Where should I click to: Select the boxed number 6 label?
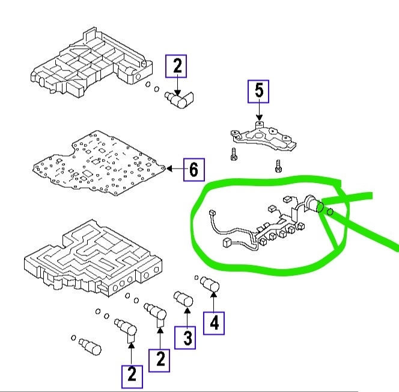tap(193, 170)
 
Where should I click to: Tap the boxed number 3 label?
tap(187, 337)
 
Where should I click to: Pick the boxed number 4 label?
tap(215, 323)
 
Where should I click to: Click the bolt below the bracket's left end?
tap(233, 155)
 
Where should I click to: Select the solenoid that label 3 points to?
tap(183, 299)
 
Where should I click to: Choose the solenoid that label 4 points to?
tap(210, 285)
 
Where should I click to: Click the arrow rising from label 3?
tap(187, 316)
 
